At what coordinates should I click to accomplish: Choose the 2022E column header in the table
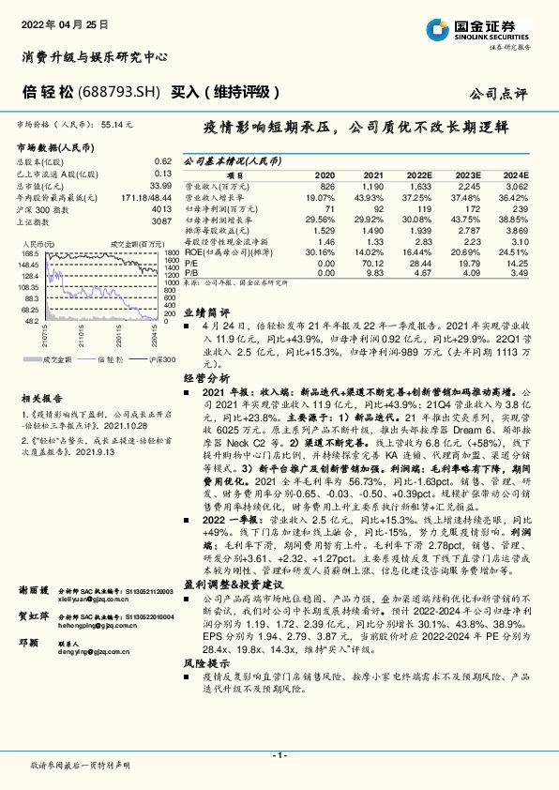(x=417, y=175)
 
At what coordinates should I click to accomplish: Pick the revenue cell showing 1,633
(x=417, y=186)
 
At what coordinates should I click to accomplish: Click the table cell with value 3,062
(x=516, y=186)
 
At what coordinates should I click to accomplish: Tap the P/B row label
(x=190, y=273)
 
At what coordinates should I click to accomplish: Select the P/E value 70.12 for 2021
(x=373, y=264)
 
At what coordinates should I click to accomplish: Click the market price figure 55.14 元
(x=117, y=123)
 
